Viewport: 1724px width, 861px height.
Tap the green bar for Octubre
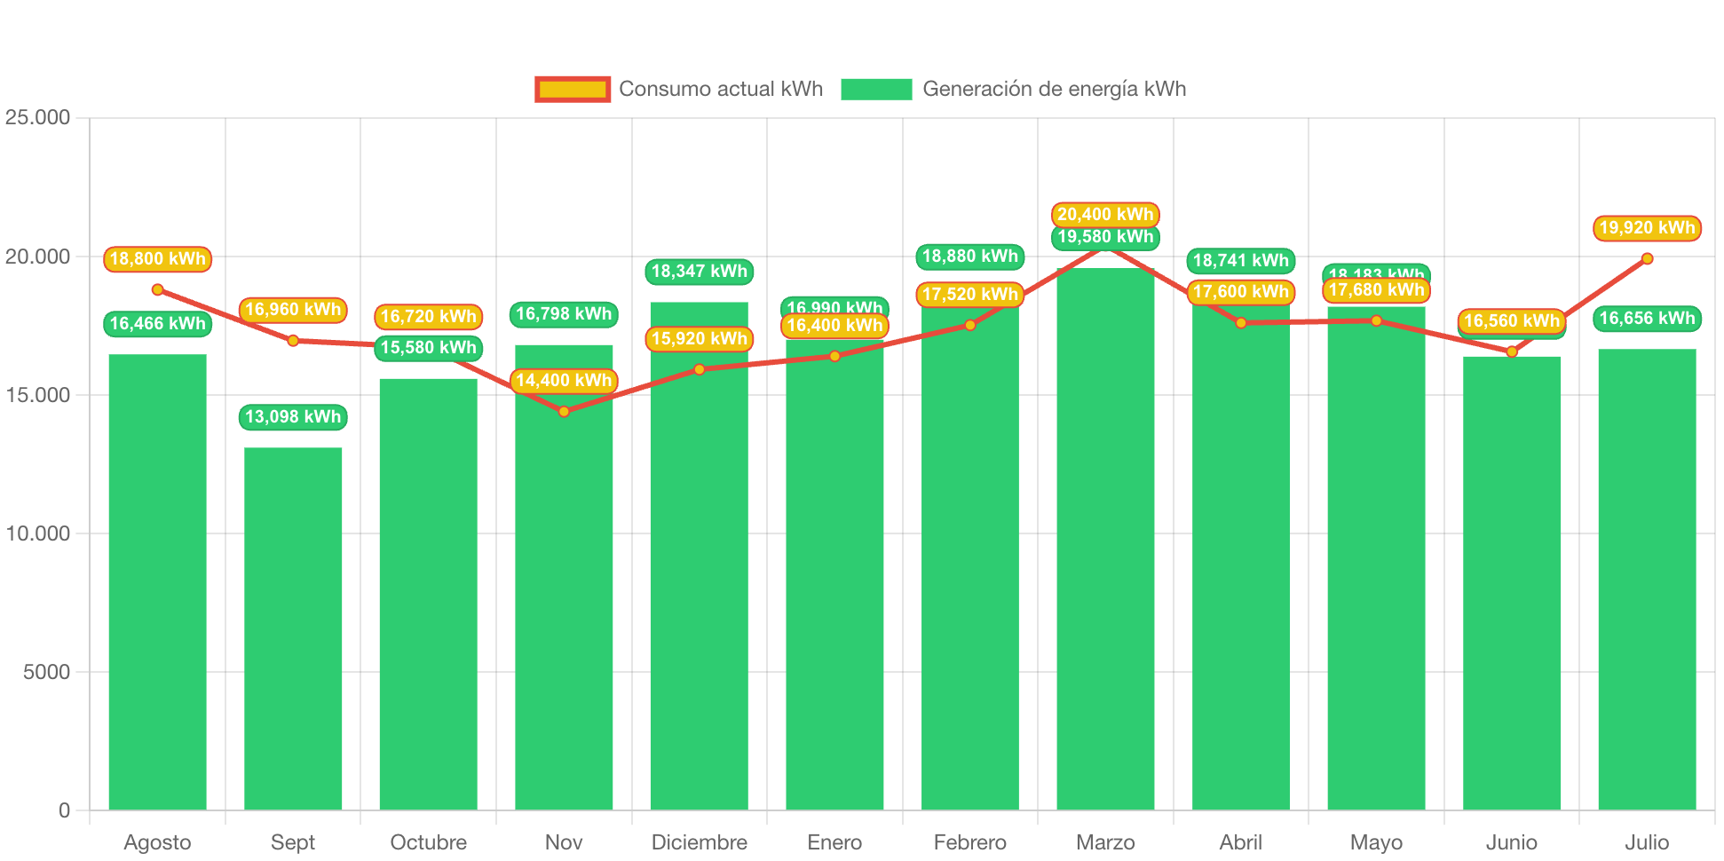[x=428, y=594]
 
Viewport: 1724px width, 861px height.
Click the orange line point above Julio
[x=1647, y=258]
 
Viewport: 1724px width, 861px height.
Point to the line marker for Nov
[x=564, y=412]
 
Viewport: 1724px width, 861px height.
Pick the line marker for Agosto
[x=157, y=289]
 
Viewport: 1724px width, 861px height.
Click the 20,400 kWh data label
[x=1105, y=214]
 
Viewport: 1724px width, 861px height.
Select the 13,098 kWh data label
[x=293, y=416]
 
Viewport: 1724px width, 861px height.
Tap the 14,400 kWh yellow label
[x=564, y=381]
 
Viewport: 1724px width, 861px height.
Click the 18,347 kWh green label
[x=700, y=271]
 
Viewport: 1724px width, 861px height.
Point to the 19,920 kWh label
[x=1647, y=227]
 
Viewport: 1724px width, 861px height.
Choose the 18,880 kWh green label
[x=970, y=257]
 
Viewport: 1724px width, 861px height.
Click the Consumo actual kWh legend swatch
[x=573, y=89]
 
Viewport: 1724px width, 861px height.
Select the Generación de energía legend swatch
[x=876, y=89]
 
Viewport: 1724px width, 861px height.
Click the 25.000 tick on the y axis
[x=37, y=117]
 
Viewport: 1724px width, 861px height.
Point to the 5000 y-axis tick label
[x=46, y=672]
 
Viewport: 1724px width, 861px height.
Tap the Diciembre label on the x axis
[x=700, y=841]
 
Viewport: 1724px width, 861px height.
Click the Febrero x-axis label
[x=970, y=841]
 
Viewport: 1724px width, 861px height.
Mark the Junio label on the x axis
[x=1512, y=841]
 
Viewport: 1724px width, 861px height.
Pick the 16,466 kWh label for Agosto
[x=157, y=323]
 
